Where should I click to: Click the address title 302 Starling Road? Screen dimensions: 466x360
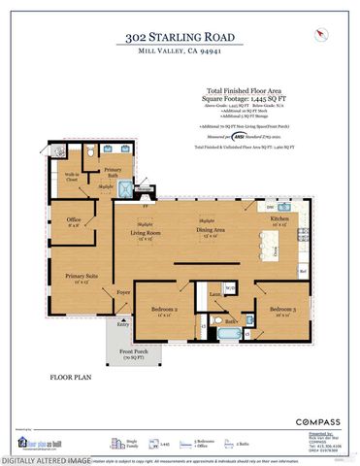click(180, 37)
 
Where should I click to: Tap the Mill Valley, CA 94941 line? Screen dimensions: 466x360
click(180, 51)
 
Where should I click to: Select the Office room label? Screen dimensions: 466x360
click(73, 219)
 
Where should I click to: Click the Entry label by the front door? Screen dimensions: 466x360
click(122, 325)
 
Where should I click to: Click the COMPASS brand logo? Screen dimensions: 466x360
click(317, 421)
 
